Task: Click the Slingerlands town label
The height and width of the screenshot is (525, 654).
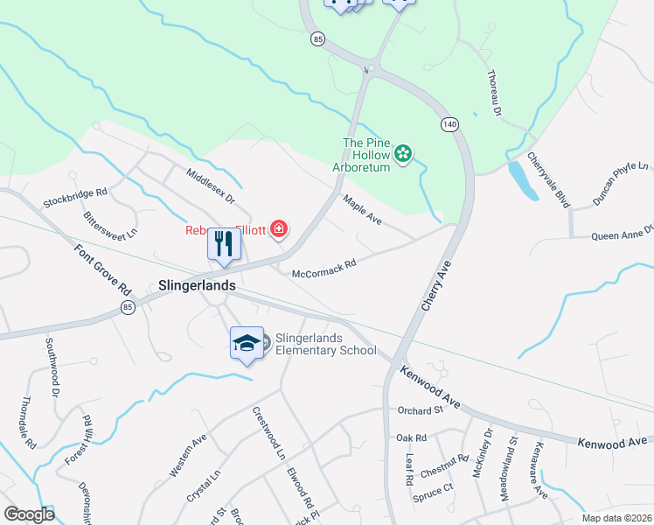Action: [198, 285]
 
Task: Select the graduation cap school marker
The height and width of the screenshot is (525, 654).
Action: [247, 342]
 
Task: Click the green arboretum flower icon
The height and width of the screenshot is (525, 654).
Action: [403, 155]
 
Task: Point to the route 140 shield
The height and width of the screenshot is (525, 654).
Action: [449, 125]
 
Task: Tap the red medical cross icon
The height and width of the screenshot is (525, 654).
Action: [279, 231]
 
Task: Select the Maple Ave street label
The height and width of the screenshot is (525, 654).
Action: [363, 211]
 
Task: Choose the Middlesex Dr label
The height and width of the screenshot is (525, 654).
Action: [211, 185]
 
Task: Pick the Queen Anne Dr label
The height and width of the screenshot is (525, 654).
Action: [622, 234]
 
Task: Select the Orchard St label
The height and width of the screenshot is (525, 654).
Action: [421, 409]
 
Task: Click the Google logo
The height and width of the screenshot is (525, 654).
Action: [29, 514]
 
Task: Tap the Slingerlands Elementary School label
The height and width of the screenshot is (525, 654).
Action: [325, 344]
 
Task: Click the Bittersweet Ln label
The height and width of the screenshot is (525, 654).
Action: [110, 224]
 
